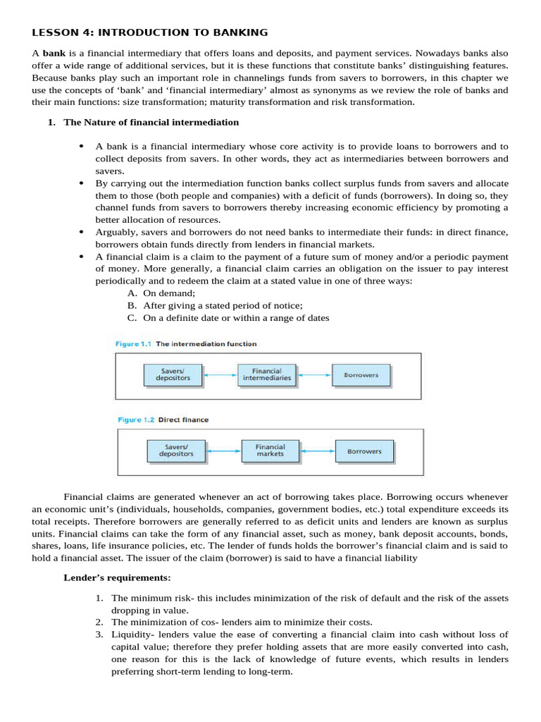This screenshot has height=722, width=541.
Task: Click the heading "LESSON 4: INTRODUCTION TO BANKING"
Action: (x=150, y=32)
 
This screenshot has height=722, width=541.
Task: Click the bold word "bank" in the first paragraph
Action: (x=54, y=54)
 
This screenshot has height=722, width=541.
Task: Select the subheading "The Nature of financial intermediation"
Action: (x=151, y=122)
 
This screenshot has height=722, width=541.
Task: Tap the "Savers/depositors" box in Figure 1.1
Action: (x=173, y=374)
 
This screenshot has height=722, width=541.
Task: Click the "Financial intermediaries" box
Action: (x=267, y=374)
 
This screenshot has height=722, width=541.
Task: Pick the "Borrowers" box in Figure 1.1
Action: (x=361, y=374)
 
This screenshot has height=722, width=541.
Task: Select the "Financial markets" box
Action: (x=270, y=451)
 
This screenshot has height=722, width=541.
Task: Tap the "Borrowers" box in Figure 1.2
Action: (x=364, y=451)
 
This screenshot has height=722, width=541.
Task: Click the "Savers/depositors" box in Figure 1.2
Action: (x=176, y=451)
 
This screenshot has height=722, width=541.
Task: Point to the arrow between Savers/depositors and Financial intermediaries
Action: (x=219, y=375)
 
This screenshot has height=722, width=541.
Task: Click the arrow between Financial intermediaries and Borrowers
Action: (x=314, y=375)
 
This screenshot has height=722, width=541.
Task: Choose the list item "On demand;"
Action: (x=169, y=293)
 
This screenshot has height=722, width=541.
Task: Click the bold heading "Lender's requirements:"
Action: (x=117, y=578)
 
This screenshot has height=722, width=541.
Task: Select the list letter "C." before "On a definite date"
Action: (x=132, y=318)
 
